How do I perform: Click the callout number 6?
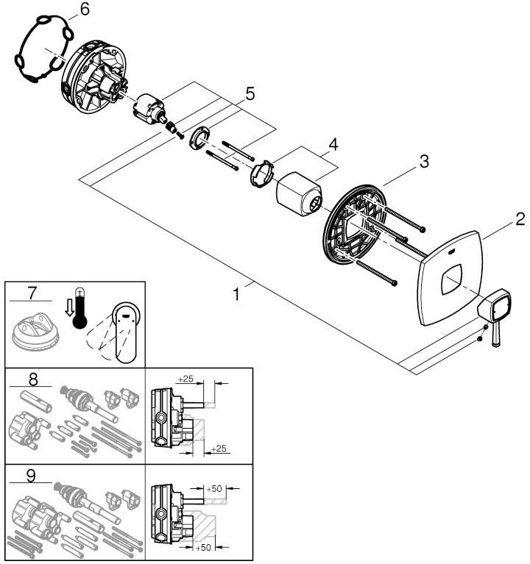84,10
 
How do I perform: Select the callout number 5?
250,93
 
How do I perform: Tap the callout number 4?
333,145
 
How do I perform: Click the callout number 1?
236,294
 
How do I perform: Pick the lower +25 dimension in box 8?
218,448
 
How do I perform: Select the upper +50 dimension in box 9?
215,488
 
